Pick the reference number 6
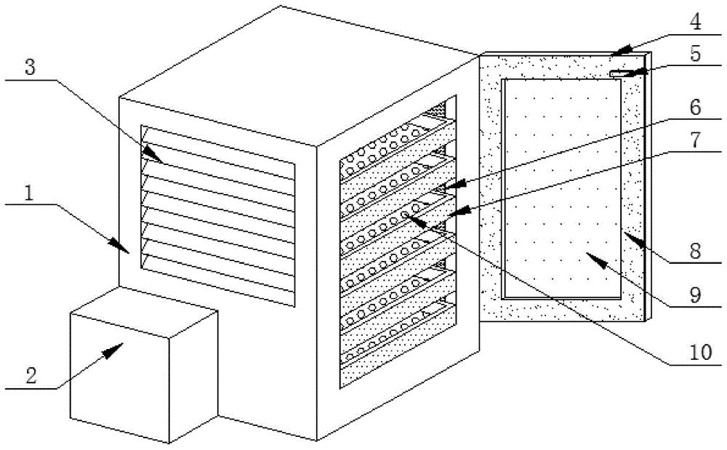tap(695, 107)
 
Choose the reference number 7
tap(696, 140)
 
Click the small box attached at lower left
tap(143, 374)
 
